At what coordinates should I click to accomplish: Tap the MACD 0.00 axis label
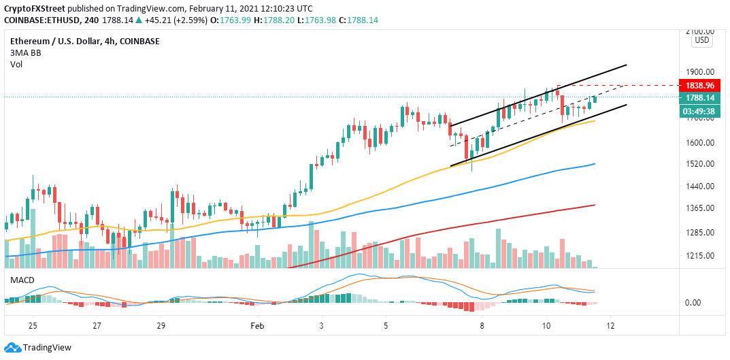(x=693, y=303)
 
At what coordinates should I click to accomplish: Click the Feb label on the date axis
(x=258, y=326)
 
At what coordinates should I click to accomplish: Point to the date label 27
(x=97, y=326)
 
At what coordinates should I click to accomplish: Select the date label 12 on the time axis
(x=610, y=326)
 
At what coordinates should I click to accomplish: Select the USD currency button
(x=701, y=40)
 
